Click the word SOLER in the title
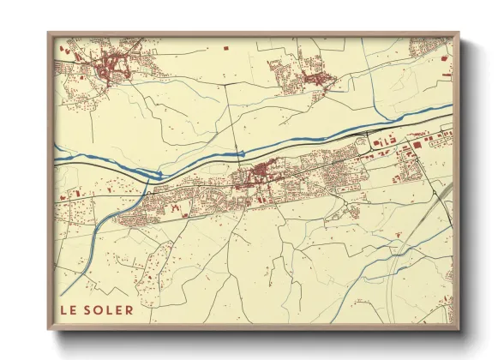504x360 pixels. pos(111,309)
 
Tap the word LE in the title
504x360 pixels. pos(69,309)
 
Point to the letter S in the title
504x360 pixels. pos(93,309)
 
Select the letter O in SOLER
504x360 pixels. pos(103,309)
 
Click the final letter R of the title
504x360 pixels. pos(129,309)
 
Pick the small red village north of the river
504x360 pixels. pos(312,77)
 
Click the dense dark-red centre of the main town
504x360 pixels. pos(257,177)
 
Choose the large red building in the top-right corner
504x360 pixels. pos(444,57)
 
